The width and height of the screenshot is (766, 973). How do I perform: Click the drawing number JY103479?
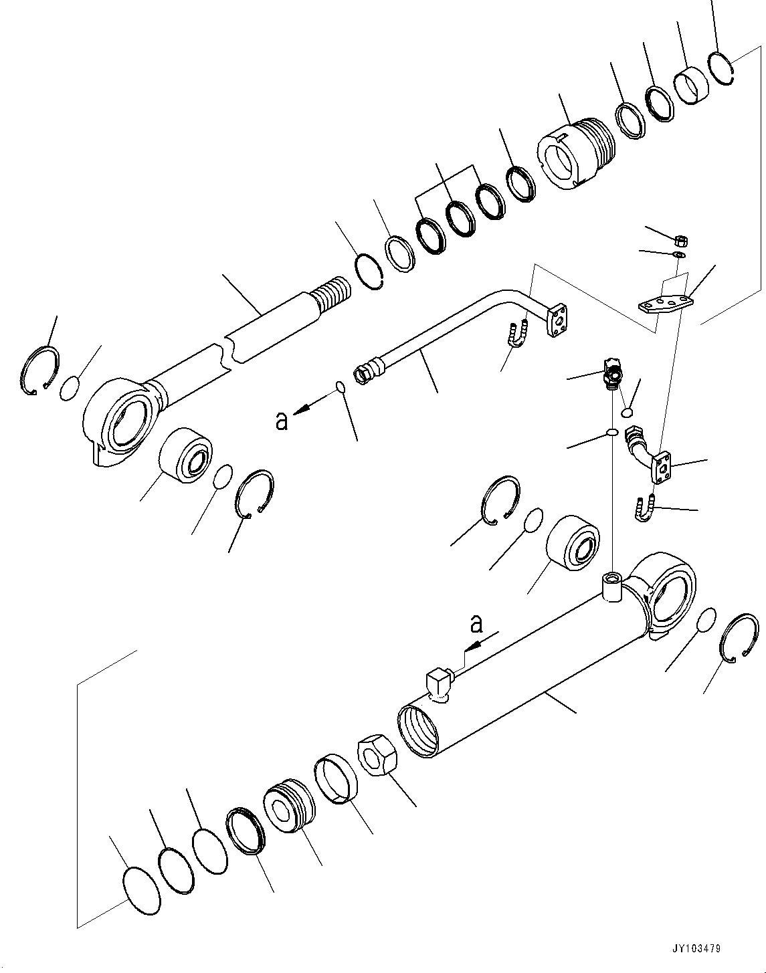tap(698, 949)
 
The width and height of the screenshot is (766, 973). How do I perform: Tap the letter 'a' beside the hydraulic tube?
tap(282, 420)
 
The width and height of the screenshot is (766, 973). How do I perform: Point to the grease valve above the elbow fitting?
tap(611, 372)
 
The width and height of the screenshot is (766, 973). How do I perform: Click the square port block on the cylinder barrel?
tap(438, 683)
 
